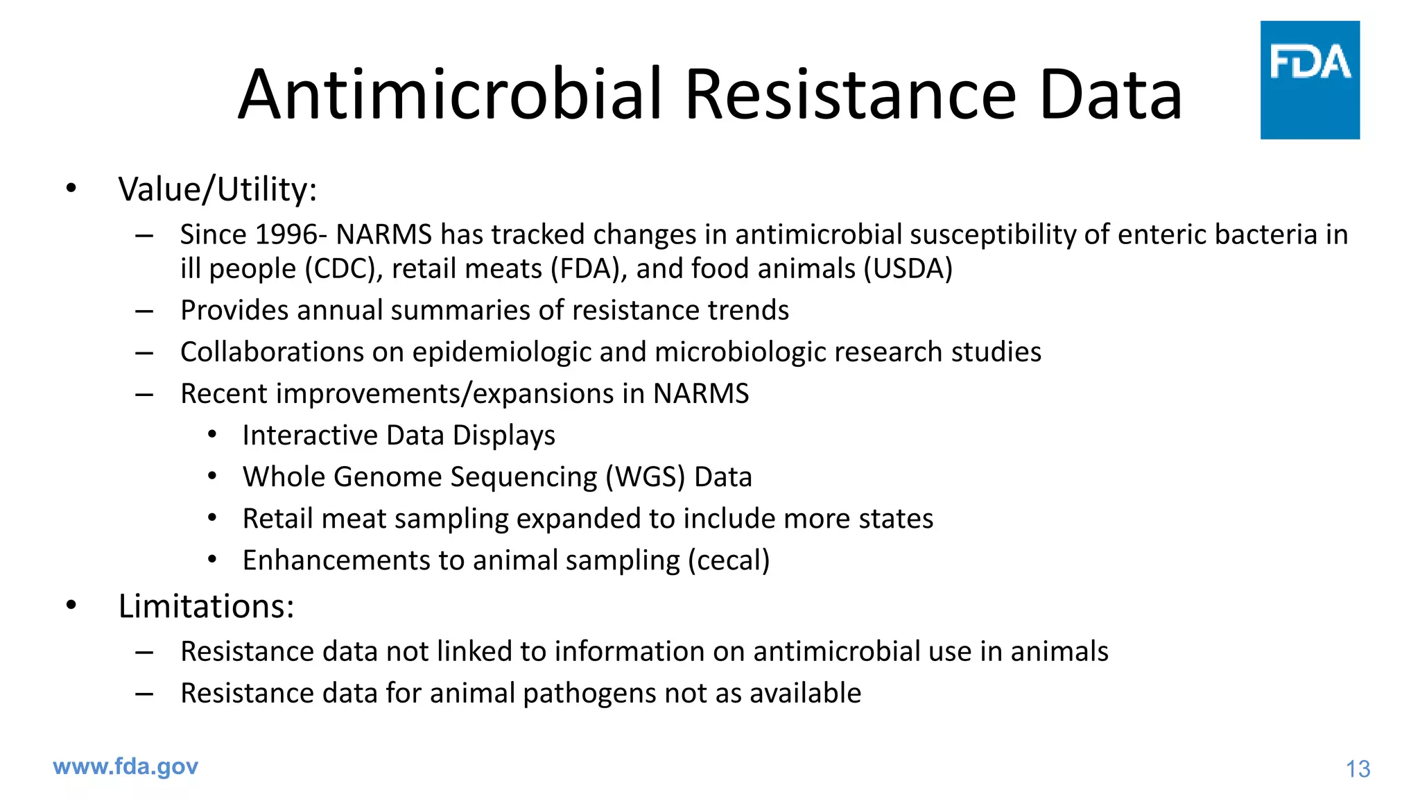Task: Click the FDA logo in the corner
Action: coord(1309,80)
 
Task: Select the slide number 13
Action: coord(1358,768)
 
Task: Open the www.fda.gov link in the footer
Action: coord(125,766)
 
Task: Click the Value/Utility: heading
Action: coord(217,189)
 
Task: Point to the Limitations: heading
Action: coord(206,606)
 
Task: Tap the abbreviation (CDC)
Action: coord(344,269)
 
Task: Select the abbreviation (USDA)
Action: coord(908,269)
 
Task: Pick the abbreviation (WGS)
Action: coord(645,477)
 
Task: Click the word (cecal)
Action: coord(729,560)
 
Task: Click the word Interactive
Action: coord(310,436)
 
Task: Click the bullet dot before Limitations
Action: coord(71,605)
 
